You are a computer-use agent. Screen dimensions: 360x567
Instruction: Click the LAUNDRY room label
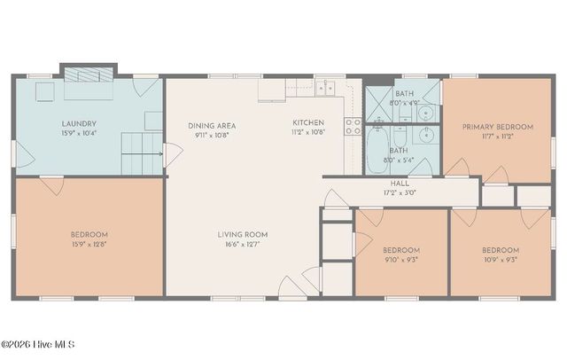coord(79,124)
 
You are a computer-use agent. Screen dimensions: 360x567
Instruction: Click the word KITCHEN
coord(308,122)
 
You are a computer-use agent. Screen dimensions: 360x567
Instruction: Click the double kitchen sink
coord(326,86)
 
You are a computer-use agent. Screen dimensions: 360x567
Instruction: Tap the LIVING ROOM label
coord(243,234)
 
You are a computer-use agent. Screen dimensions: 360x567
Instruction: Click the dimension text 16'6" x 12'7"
coord(243,245)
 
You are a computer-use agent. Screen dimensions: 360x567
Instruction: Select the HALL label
coord(400,183)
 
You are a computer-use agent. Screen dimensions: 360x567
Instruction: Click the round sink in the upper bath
coord(425,113)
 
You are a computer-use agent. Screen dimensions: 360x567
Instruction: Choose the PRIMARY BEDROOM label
coord(497,127)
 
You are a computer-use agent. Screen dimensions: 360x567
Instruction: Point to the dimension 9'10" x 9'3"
coord(401,261)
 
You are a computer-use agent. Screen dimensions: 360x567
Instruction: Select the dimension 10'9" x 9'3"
coord(501,261)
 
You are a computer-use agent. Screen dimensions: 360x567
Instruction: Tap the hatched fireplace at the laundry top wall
coord(89,72)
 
